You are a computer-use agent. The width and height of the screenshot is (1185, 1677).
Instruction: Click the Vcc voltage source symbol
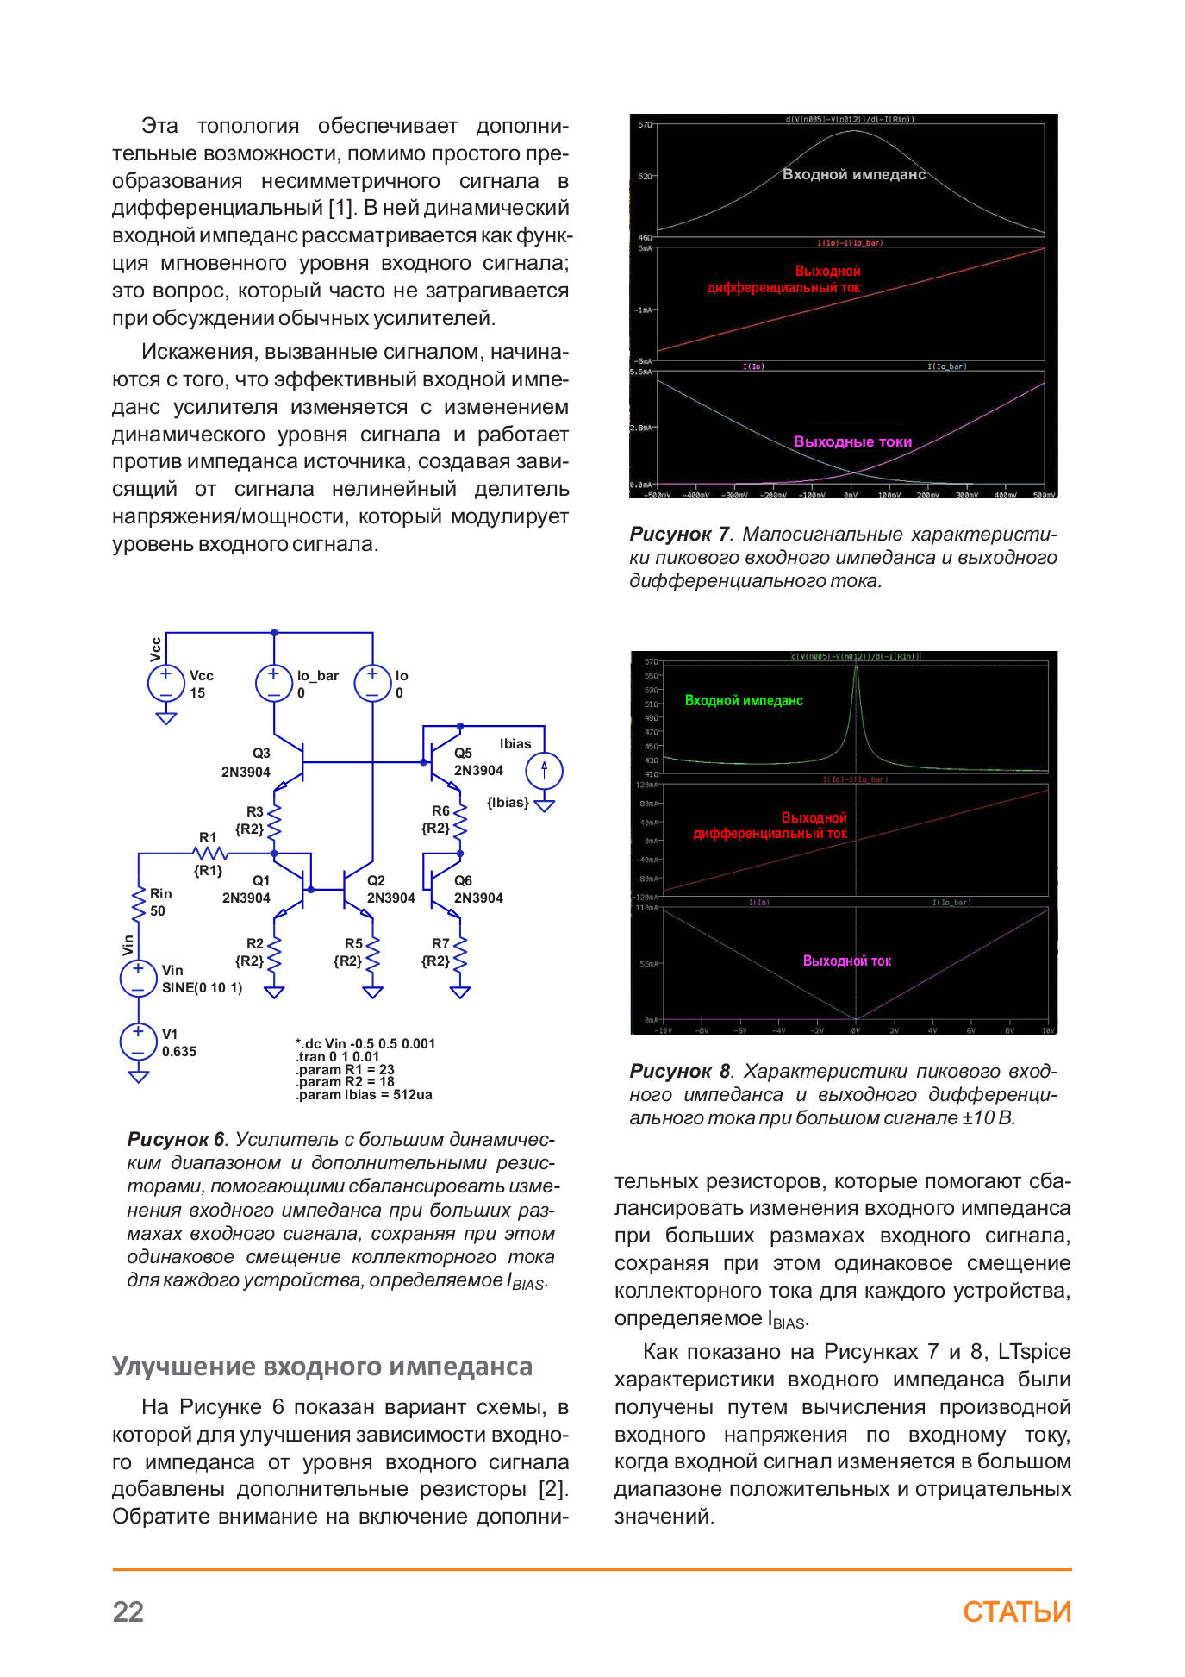click(165, 683)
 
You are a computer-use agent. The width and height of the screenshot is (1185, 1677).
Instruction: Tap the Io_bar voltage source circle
click(273, 683)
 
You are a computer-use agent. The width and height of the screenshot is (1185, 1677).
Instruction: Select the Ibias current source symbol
click(544, 770)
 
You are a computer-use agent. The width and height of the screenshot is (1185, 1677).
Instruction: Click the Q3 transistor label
click(261, 753)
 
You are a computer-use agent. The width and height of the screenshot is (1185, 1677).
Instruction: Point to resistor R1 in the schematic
click(209, 853)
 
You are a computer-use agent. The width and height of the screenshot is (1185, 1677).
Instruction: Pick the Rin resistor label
click(160, 894)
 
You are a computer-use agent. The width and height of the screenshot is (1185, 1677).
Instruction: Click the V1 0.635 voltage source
click(138, 1042)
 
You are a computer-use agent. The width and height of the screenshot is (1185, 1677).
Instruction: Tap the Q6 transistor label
click(463, 880)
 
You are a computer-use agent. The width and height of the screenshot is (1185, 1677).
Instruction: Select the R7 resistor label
click(440, 943)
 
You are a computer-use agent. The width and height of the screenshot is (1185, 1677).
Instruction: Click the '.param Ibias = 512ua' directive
click(364, 1095)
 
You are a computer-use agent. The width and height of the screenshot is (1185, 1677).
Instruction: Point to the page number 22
click(128, 1611)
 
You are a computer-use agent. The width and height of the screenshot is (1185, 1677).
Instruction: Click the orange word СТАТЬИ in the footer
click(1017, 1611)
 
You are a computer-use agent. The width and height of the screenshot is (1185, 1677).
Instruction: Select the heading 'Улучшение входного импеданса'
click(322, 1367)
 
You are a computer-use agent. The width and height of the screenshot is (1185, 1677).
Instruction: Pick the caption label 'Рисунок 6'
click(176, 1140)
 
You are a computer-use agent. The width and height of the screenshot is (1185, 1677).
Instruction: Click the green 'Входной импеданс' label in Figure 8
click(744, 701)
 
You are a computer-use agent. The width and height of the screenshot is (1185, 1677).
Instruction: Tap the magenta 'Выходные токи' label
click(852, 441)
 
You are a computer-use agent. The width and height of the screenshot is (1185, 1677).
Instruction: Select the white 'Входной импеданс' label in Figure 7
click(853, 174)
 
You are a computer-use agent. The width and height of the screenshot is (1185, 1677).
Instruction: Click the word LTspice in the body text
click(1033, 1352)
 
